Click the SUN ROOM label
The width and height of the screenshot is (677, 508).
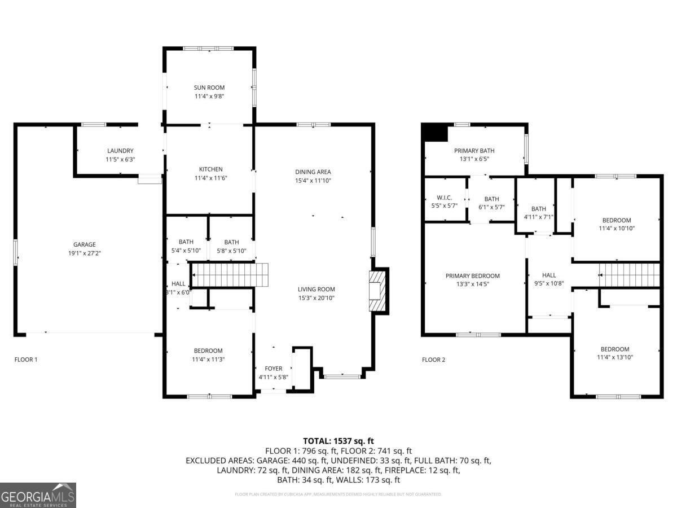pos(209,87)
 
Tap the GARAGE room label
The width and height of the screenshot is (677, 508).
pos(84,244)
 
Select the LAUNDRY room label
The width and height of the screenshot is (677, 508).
pos(120,151)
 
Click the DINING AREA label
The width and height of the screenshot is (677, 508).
pos(313,172)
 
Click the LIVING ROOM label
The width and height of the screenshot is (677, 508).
pos(316,290)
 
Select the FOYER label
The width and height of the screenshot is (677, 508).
pos(274,369)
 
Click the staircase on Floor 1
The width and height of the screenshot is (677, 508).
pos(229,274)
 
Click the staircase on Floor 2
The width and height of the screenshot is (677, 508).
pos(630,275)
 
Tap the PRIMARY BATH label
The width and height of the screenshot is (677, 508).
pos(474,151)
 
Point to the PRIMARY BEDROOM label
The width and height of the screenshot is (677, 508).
pos(472,276)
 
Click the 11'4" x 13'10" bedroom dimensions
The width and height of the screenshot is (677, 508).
pos(614,357)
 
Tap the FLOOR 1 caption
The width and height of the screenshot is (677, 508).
pos(26,360)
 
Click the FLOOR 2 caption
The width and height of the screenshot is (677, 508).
pos(434,360)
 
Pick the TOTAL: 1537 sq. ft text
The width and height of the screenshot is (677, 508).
pos(338,441)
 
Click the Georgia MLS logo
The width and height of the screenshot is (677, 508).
pos(38,495)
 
